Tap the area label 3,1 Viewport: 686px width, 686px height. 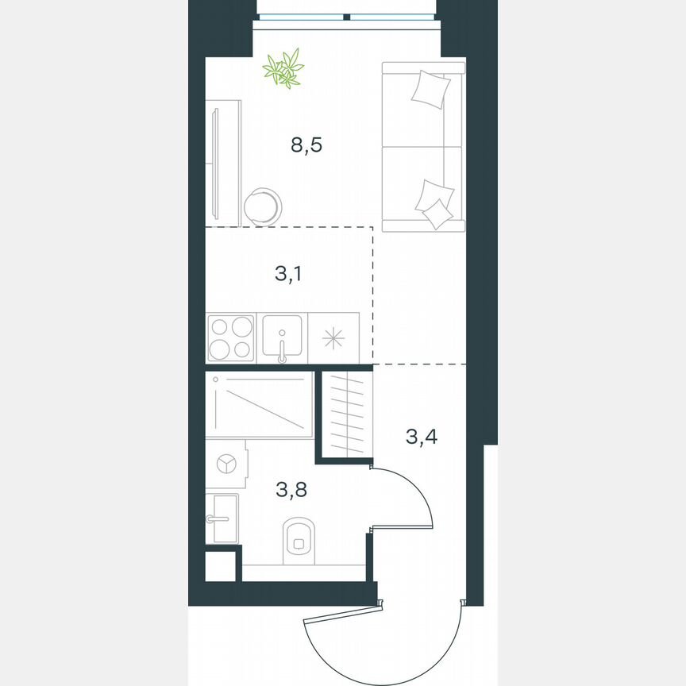point(287,275)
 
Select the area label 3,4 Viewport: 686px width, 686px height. point(422,436)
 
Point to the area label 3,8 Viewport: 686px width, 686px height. point(291,489)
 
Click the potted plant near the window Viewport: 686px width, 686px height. point(283,68)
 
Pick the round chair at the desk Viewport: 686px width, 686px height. point(262,206)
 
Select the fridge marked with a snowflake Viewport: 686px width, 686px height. point(333,337)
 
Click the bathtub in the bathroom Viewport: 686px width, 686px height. point(259,405)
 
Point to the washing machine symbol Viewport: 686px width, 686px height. point(226,464)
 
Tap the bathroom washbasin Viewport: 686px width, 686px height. point(222,518)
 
